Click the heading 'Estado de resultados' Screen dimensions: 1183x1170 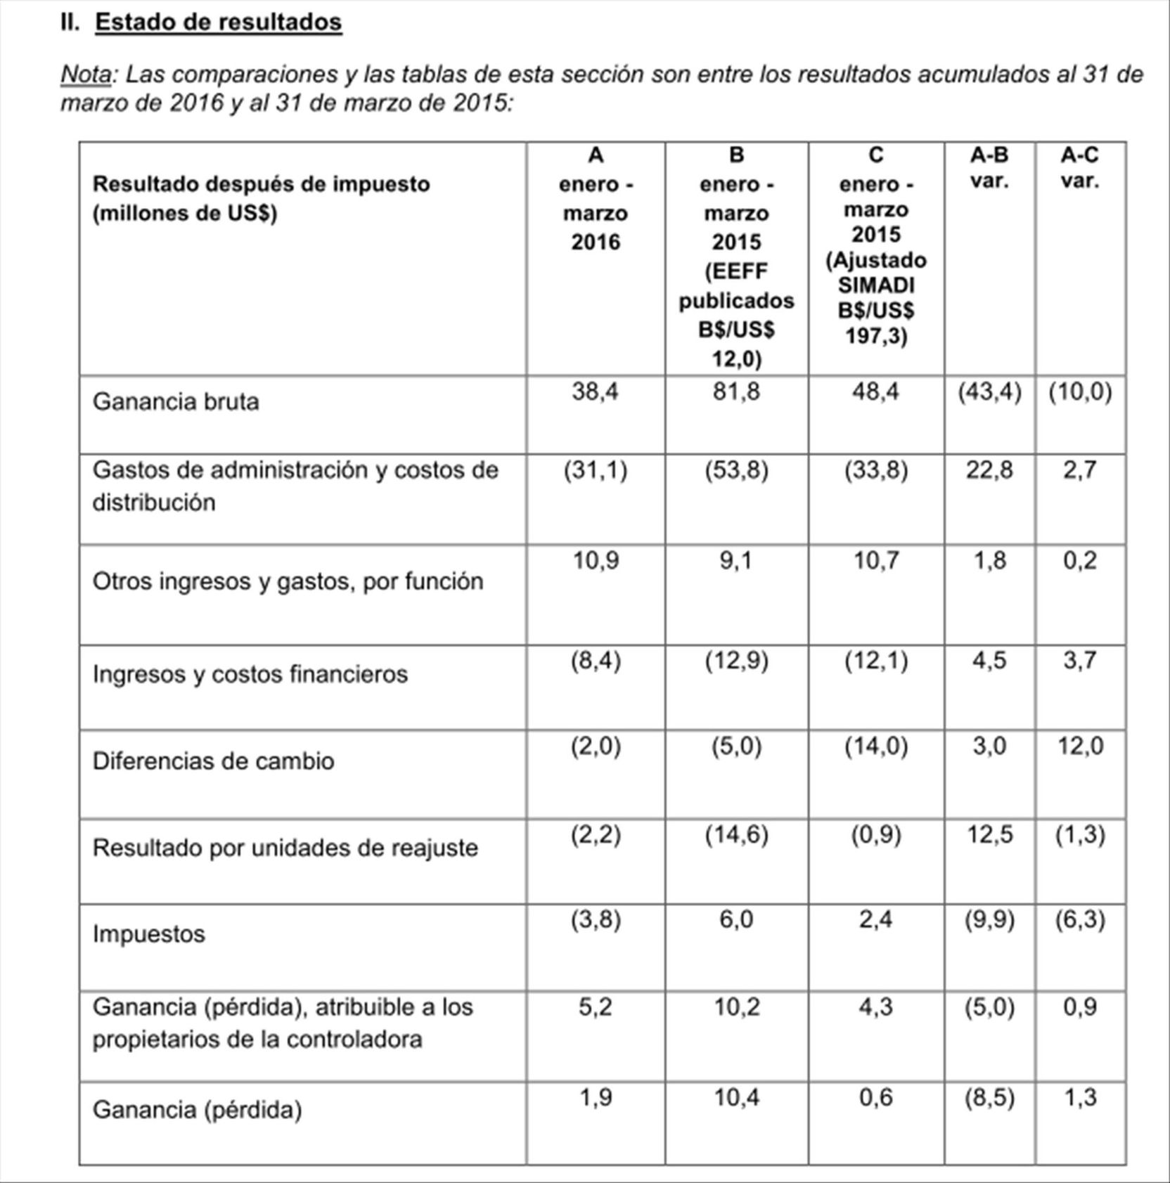tap(219, 22)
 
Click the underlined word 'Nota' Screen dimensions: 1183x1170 tap(86, 74)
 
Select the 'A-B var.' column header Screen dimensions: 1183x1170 tap(989, 168)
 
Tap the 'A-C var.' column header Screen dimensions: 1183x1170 tap(1079, 168)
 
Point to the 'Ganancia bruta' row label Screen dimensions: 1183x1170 tap(176, 401)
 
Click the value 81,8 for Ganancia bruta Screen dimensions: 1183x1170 tap(736, 392)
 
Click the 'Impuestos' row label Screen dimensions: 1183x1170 tap(149, 934)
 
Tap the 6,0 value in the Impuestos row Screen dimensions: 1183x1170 tap(736, 919)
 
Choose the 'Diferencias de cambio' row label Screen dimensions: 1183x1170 tap(213, 761)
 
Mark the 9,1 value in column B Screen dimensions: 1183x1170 tap(736, 561)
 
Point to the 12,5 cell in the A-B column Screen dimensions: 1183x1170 tap(989, 835)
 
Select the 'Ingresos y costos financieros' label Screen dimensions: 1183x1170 tap(250, 674)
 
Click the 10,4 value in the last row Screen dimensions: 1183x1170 tap(736, 1097)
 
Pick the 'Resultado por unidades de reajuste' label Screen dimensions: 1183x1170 tap(285, 848)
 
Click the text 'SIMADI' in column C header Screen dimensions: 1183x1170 tap(876, 285)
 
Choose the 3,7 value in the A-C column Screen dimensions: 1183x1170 tap(1079, 661)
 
